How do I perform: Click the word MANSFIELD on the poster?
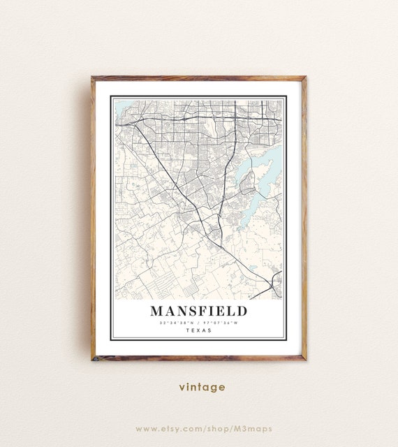(198, 311)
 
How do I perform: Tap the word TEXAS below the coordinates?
(198, 331)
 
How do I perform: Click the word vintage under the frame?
(202, 387)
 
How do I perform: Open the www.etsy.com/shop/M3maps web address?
(204, 428)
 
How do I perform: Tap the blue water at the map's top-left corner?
(121, 107)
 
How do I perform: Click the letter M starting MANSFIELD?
(156, 311)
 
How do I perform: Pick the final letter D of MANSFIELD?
(241, 311)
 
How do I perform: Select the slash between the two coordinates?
(198, 323)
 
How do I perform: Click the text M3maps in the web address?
(255, 428)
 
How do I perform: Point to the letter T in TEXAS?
(187, 331)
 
